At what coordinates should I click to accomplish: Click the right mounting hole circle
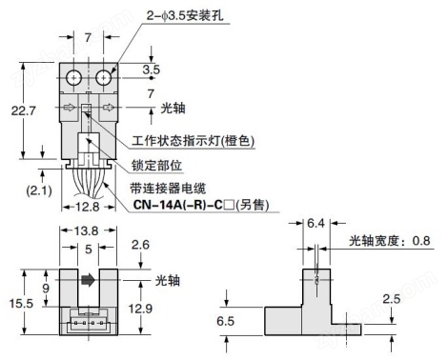click(100, 76)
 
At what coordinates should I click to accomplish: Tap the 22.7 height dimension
click(31, 111)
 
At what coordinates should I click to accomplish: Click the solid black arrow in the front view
click(87, 282)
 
